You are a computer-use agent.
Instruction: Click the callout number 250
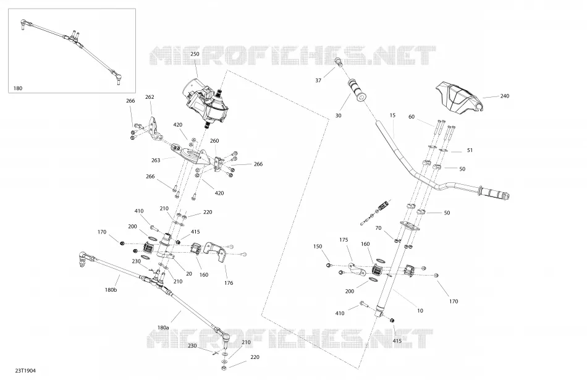coord(195,54)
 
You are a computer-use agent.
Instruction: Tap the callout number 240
coord(505,96)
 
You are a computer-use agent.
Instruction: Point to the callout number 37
coord(318,80)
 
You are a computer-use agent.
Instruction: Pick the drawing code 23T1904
coord(25,371)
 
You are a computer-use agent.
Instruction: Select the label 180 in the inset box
coord(17,88)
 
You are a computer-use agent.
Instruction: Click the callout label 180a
coord(163,327)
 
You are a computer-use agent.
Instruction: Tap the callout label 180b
coord(111,290)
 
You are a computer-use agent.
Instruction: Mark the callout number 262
coord(150,97)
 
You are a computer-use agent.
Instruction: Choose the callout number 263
coord(156,160)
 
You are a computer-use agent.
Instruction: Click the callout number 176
coord(229,283)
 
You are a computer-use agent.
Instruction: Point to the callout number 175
coord(344,240)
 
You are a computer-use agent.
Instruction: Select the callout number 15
coord(392,116)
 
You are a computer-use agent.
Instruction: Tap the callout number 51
coord(470,150)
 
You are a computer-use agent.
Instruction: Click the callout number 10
coord(420,311)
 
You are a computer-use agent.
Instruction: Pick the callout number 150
coord(318,247)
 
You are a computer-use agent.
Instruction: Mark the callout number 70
coord(378,228)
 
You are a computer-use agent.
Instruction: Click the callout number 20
coord(189,274)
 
